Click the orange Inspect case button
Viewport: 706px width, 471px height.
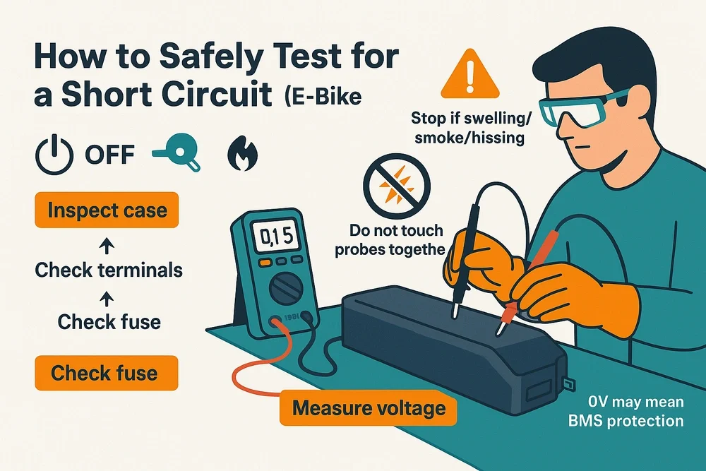107,210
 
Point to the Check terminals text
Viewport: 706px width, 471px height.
109,270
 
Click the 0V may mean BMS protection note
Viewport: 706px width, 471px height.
636,412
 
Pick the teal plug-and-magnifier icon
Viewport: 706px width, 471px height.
177,154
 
